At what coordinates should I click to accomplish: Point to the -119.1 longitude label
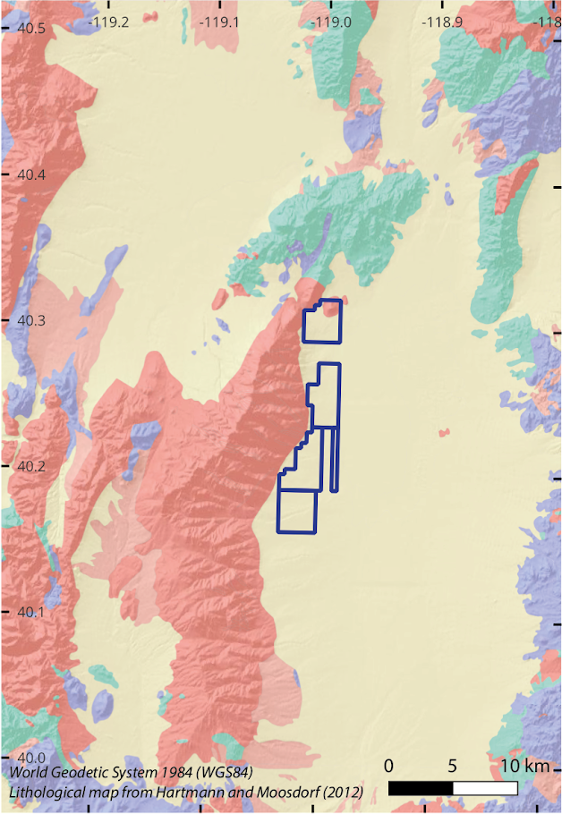pos(220,20)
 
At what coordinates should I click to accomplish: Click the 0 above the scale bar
pos(389,767)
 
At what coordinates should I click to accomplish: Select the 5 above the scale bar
pos(453,767)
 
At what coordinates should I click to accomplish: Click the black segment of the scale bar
pos(421,788)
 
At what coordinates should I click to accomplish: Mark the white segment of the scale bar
pos(485,788)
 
